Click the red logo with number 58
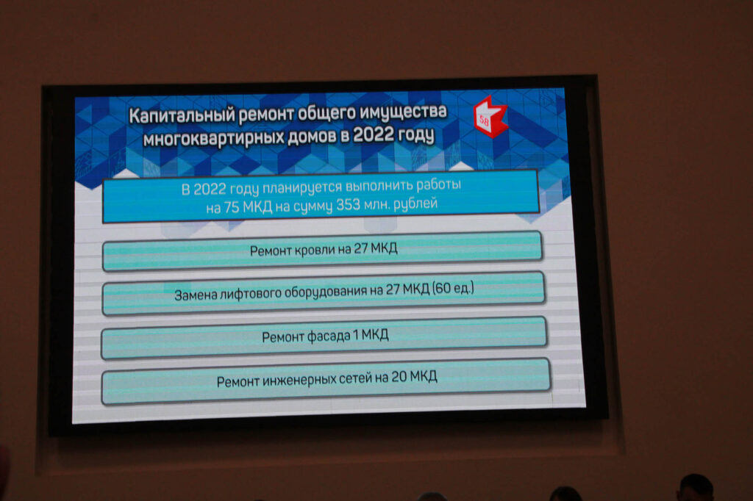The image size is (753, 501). [x=489, y=118]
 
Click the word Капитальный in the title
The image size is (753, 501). [x=182, y=115]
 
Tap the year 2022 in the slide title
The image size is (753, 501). [x=373, y=134]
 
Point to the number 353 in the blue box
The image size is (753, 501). [x=348, y=206]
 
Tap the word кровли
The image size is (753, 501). [x=315, y=250]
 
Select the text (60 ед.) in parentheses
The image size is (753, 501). [x=453, y=289]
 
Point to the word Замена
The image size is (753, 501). [x=196, y=295]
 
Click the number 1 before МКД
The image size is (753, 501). [x=356, y=334]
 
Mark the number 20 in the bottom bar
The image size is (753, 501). [x=399, y=377]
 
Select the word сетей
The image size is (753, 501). [x=356, y=379]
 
